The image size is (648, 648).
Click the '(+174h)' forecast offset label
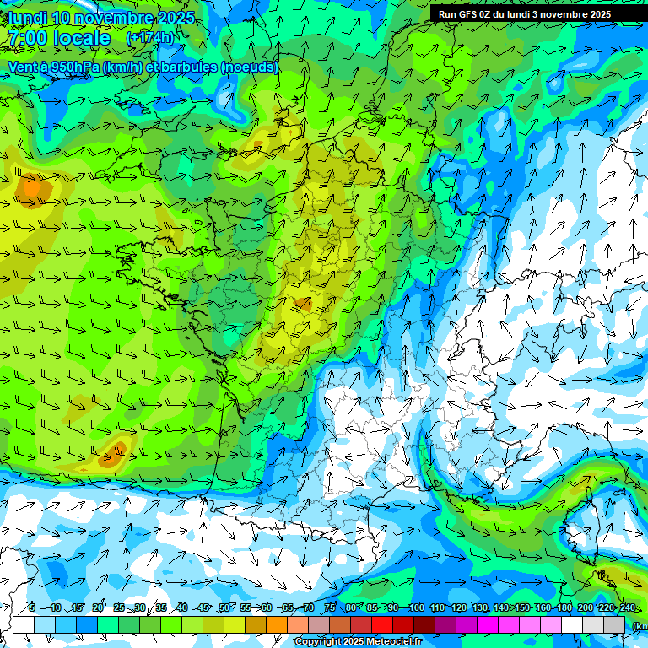point(149,38)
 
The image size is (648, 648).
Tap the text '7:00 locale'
point(59,38)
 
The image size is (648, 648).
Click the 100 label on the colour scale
point(416,608)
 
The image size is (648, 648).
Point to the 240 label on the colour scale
point(627,608)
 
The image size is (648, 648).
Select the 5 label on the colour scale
point(32,608)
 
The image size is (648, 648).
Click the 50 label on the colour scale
point(224,608)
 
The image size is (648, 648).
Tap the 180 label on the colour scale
point(564,608)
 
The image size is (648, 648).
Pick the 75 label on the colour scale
point(330,608)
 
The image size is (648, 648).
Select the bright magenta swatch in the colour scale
point(488,624)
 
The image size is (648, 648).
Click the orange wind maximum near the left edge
point(32,187)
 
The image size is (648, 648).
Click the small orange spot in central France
point(301,304)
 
